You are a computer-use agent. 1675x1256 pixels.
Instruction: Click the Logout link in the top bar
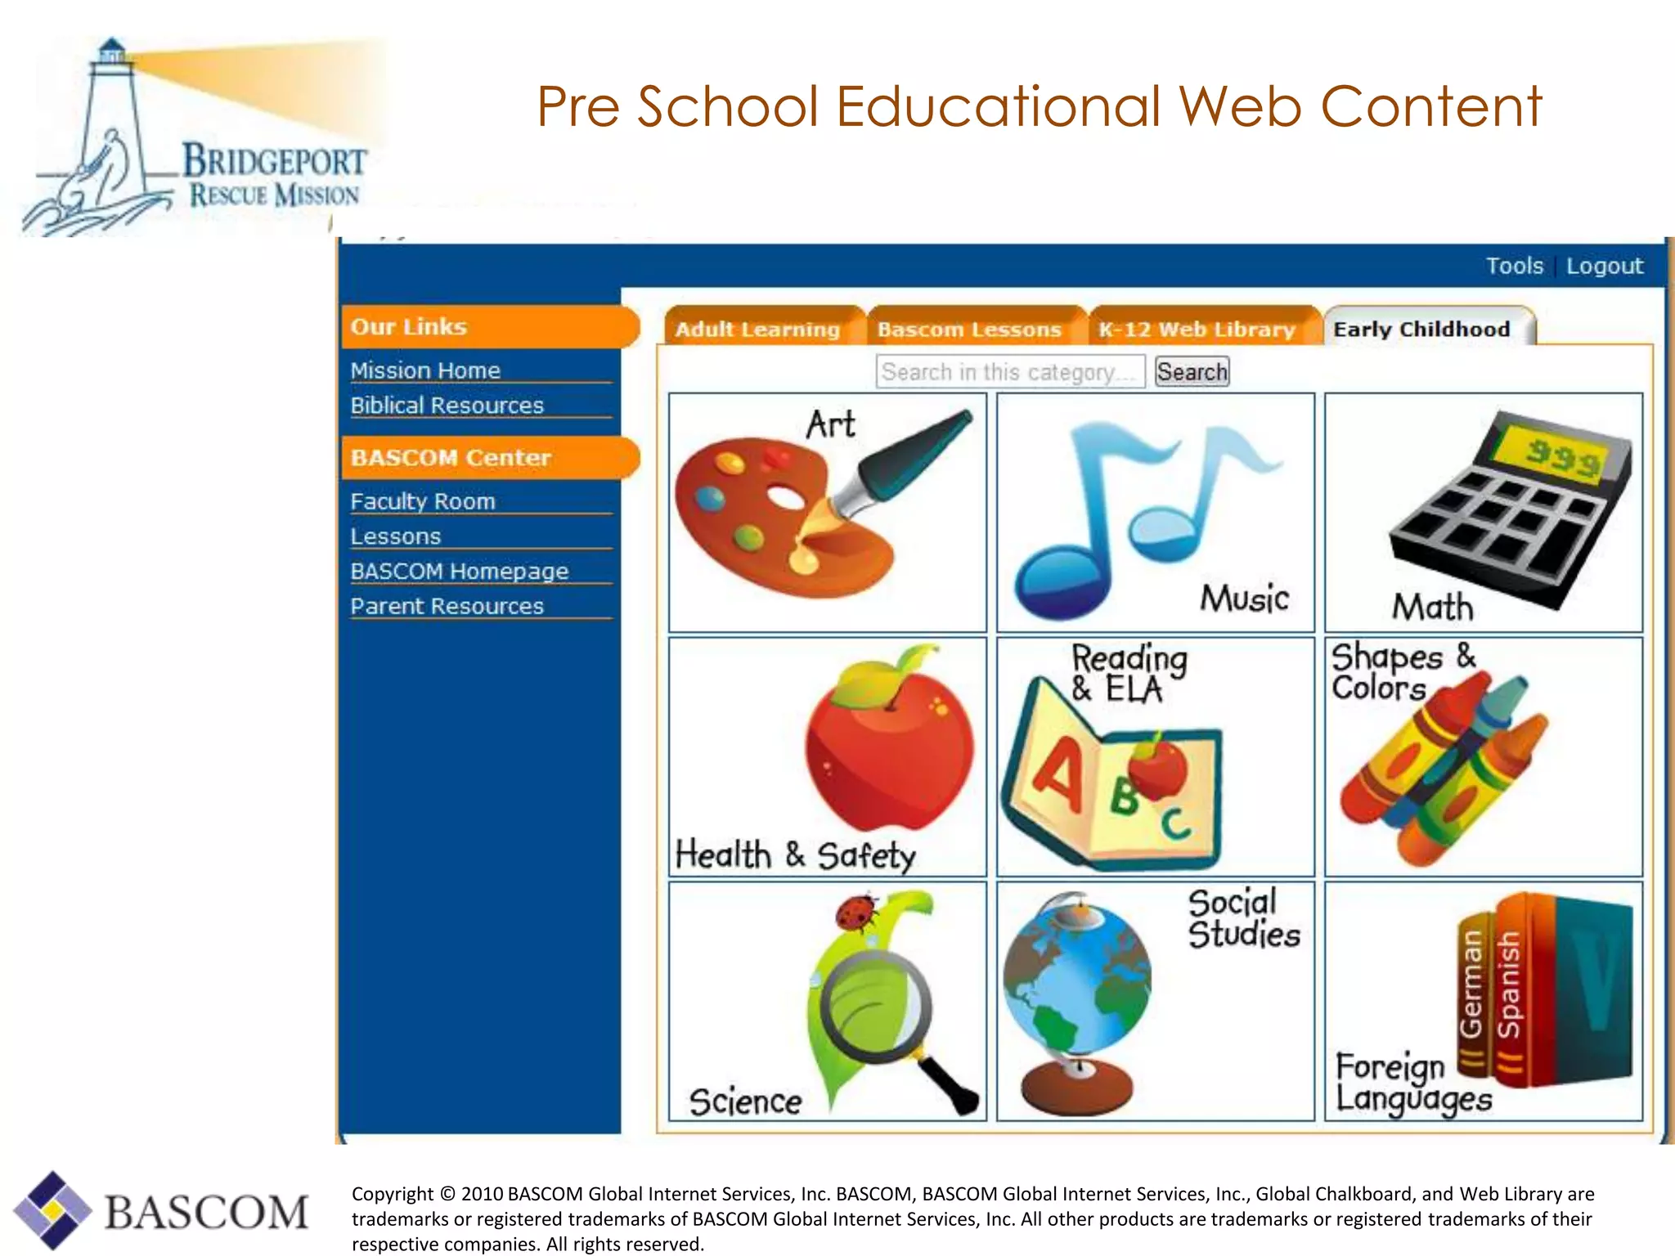(1604, 266)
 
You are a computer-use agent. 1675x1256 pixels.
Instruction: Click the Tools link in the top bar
(1514, 266)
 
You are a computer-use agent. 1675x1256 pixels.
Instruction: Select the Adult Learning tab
(757, 329)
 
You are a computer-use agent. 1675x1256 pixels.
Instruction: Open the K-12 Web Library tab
(1197, 329)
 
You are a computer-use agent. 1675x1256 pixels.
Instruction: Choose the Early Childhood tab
(1421, 329)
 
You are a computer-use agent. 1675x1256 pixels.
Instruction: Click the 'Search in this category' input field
(1010, 372)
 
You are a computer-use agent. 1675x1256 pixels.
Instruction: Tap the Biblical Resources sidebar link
(447, 406)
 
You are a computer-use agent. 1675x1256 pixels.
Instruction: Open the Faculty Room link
(423, 501)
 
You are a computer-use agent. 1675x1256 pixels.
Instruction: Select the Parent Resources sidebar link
(447, 606)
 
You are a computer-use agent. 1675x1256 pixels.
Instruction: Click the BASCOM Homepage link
(459, 571)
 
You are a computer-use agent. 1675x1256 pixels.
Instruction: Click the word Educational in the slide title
(998, 106)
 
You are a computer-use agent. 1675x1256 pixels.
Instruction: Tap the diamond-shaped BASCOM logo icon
(52, 1210)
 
